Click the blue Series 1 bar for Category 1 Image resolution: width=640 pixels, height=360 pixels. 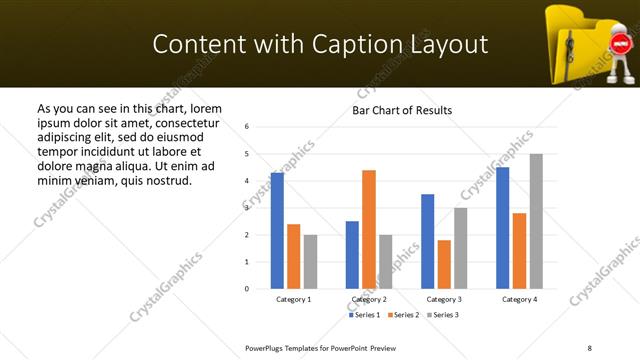(277, 231)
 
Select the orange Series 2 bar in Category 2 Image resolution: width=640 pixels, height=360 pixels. (369, 229)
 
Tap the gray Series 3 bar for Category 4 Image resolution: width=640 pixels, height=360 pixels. (536, 221)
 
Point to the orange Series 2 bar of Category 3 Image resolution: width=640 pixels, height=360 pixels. (444, 264)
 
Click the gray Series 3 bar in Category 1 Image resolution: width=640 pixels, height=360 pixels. (310, 262)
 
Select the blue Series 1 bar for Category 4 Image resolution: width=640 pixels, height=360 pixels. (502, 228)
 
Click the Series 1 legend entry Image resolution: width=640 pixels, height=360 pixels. (365, 315)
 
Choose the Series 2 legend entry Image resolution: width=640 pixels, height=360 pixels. (404, 315)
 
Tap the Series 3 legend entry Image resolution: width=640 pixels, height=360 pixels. (444, 315)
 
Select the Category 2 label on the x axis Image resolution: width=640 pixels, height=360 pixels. (369, 299)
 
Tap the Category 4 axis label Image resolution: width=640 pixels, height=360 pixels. (519, 299)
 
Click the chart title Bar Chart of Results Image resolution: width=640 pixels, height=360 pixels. (402, 110)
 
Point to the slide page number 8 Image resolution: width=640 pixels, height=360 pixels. (589, 346)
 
